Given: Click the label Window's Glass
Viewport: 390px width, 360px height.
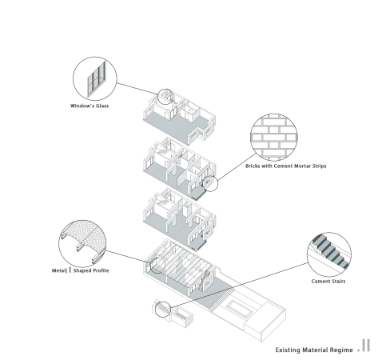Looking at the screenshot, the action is (90, 106).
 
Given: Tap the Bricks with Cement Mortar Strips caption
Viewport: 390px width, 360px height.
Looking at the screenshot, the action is (286, 166).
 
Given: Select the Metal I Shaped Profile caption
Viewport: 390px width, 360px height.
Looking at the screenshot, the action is (80, 270).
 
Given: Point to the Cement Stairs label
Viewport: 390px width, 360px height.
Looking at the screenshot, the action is (328, 282).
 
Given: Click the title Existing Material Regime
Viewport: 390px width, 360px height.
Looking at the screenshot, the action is (314, 350).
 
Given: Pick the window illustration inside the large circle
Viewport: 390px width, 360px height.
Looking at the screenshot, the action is (97, 79).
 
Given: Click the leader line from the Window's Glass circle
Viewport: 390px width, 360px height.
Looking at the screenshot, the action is (137, 89).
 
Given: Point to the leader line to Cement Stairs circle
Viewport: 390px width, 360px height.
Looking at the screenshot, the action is (239, 285).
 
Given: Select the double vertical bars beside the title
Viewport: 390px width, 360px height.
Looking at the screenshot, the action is (366, 346).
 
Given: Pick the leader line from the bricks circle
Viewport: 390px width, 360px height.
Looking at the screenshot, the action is (237, 167).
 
